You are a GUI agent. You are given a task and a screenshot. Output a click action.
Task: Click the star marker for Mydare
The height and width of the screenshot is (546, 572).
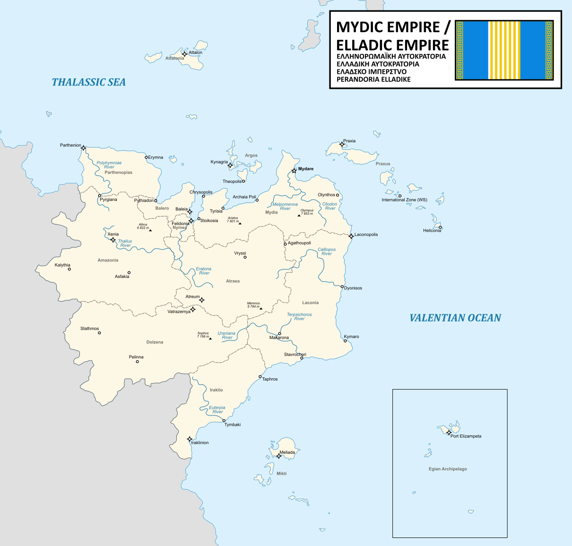pos(294,170)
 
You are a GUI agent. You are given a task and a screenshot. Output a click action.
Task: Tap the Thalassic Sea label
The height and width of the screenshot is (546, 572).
pos(89,82)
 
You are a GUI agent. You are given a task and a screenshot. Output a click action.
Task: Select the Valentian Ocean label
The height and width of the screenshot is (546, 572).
pos(455,318)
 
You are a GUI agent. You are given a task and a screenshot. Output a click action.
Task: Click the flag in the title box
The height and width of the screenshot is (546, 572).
pos(504,50)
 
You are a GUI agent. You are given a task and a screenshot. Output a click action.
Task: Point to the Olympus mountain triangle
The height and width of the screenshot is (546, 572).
pos(299,216)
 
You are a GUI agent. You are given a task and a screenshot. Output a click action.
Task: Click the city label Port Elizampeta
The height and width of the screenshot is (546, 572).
pos(466,436)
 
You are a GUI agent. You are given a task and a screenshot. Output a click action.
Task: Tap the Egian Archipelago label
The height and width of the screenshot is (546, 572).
pos(448,469)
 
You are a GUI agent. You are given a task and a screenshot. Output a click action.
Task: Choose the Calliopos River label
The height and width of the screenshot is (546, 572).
pos(327,251)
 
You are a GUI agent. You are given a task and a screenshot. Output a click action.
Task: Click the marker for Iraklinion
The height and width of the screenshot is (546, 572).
pos(190,439)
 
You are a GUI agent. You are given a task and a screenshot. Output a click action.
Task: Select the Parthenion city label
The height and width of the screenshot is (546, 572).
pos(70,145)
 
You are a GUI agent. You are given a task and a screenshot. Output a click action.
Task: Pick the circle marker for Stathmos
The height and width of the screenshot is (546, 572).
pos(99,333)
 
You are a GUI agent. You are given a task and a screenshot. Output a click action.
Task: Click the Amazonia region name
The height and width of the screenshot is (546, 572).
pos(108,260)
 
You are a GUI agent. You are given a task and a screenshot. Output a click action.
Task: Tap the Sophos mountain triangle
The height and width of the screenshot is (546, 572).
pos(210,338)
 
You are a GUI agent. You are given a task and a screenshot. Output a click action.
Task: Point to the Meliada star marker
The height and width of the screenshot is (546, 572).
pos(279,456)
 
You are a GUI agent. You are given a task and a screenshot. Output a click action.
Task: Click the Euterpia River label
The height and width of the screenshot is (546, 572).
pos(217,409)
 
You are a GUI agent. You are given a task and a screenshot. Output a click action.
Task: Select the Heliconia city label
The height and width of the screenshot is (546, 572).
pos(432,231)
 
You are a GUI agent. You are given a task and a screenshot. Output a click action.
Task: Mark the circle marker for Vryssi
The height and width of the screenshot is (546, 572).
pos(245,257)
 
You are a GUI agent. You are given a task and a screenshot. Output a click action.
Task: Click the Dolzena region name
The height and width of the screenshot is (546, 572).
pos(155,342)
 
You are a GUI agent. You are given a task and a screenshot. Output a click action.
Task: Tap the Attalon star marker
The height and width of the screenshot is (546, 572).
pos(184,54)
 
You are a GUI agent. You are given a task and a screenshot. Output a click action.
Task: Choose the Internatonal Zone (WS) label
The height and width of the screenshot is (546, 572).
pos(404,200)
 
